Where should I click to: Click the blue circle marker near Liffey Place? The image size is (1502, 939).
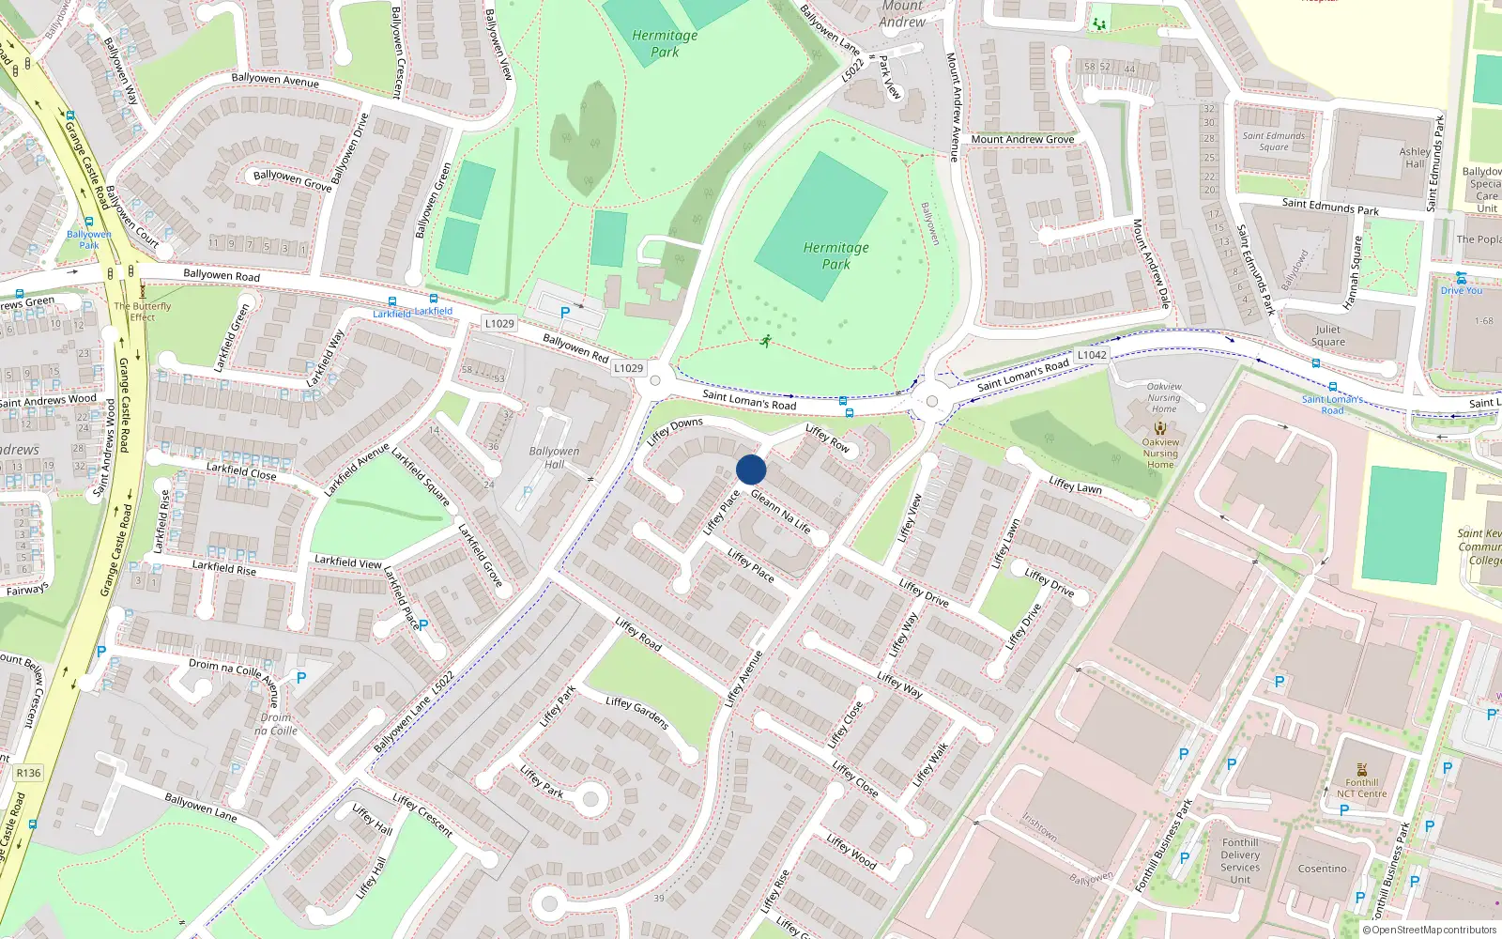click(x=751, y=469)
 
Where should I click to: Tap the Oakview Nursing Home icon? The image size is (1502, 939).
click(x=1160, y=428)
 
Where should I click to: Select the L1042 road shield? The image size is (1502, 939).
click(x=1092, y=355)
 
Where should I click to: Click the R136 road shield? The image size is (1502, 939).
click(x=28, y=773)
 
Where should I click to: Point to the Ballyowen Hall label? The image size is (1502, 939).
click(x=554, y=457)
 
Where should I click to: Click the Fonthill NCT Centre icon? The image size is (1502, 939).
click(x=1362, y=770)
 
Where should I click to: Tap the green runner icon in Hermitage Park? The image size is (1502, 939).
click(x=766, y=341)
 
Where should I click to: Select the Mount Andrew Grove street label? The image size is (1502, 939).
click(x=1022, y=139)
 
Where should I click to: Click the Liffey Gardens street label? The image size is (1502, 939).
click(x=636, y=713)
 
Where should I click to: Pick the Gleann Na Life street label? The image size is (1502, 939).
click(x=780, y=511)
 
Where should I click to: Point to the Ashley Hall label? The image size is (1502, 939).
click(x=1415, y=157)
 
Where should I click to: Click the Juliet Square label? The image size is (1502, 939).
click(x=1327, y=335)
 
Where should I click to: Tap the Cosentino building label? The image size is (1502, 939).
click(x=1322, y=869)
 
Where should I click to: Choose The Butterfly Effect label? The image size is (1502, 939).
click(x=143, y=312)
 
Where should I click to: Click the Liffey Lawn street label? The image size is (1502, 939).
click(x=1075, y=485)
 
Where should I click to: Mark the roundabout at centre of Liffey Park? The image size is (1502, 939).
click(x=590, y=800)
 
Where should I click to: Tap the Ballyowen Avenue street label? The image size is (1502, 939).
click(x=275, y=80)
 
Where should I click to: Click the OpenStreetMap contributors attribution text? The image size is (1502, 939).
click(x=1430, y=930)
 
